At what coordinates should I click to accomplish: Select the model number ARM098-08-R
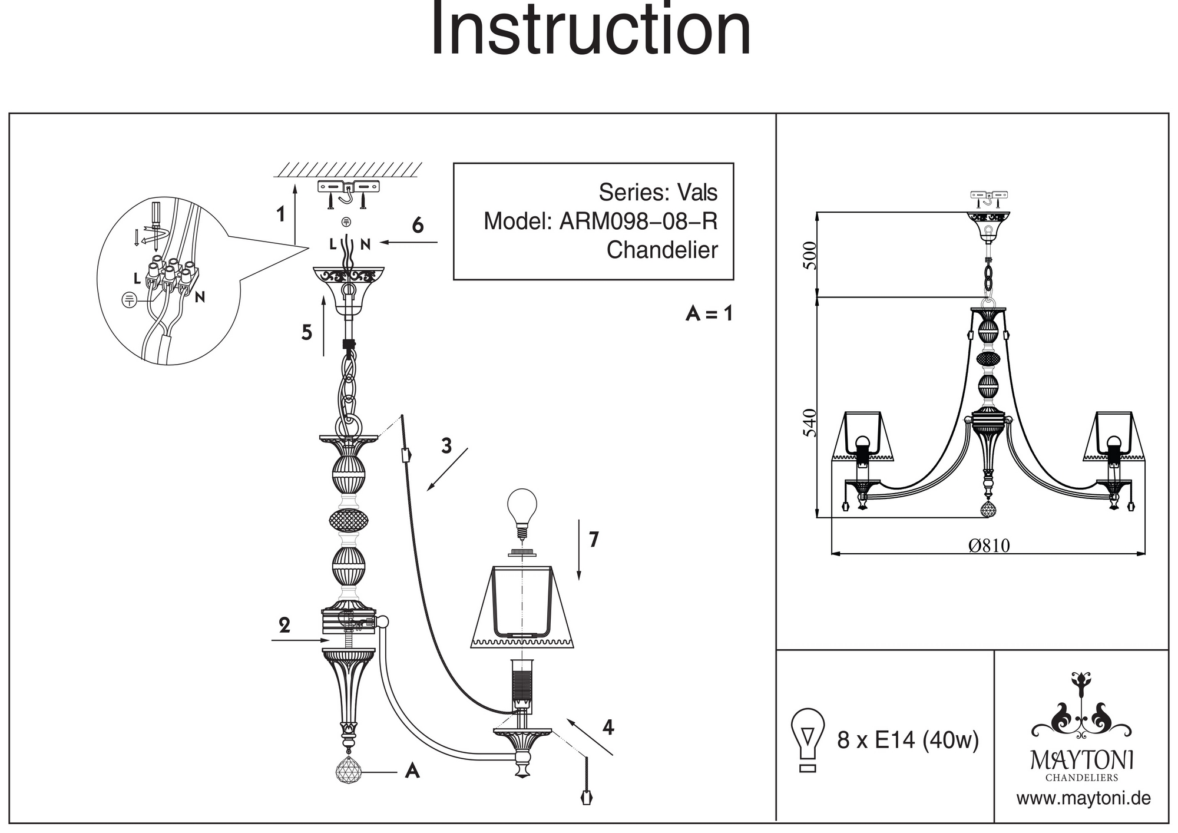point(638,222)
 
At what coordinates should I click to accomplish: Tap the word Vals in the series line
point(697,193)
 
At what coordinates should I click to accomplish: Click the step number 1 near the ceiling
point(282,214)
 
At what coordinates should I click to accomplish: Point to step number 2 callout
point(284,625)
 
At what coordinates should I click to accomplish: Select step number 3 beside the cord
point(446,446)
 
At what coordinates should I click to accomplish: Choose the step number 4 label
point(608,728)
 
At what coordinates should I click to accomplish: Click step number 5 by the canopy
point(306,333)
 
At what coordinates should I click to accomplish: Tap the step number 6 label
point(418,225)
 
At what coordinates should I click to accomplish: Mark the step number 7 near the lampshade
point(594,539)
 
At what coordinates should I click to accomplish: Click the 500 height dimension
point(811,255)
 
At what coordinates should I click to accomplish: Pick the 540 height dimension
point(811,422)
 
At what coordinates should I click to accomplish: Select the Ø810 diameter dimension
point(989,546)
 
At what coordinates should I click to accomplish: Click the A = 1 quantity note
point(709,313)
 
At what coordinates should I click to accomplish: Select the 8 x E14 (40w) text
point(908,740)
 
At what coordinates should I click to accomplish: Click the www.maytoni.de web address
point(1083,799)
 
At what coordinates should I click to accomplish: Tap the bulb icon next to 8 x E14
point(808,739)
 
